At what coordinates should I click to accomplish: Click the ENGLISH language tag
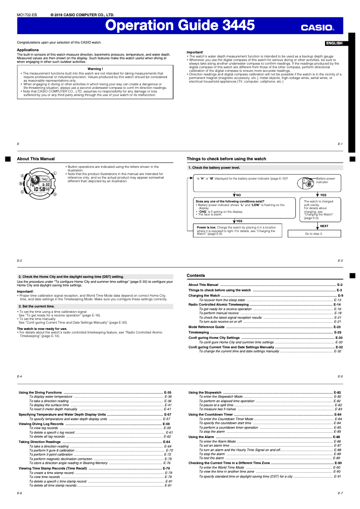[334, 43]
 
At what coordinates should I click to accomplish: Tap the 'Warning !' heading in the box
[95, 69]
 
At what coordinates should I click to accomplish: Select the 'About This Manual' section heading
[36, 159]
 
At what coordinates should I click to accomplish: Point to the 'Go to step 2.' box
[314, 234]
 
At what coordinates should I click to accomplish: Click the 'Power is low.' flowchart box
[237, 230]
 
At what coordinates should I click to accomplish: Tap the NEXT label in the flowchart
[324, 226]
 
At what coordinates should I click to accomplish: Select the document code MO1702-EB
[27, 14]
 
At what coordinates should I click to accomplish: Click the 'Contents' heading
[196, 276]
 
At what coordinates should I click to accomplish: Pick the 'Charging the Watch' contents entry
[204, 296]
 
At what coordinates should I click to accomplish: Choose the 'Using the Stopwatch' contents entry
[205, 392]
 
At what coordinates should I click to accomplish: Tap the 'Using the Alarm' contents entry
[202, 437]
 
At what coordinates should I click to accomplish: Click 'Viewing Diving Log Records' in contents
[41, 424]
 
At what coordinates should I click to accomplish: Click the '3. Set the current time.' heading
[36, 306]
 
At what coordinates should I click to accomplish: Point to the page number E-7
[340, 493]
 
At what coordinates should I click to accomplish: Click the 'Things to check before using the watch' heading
[226, 159]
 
